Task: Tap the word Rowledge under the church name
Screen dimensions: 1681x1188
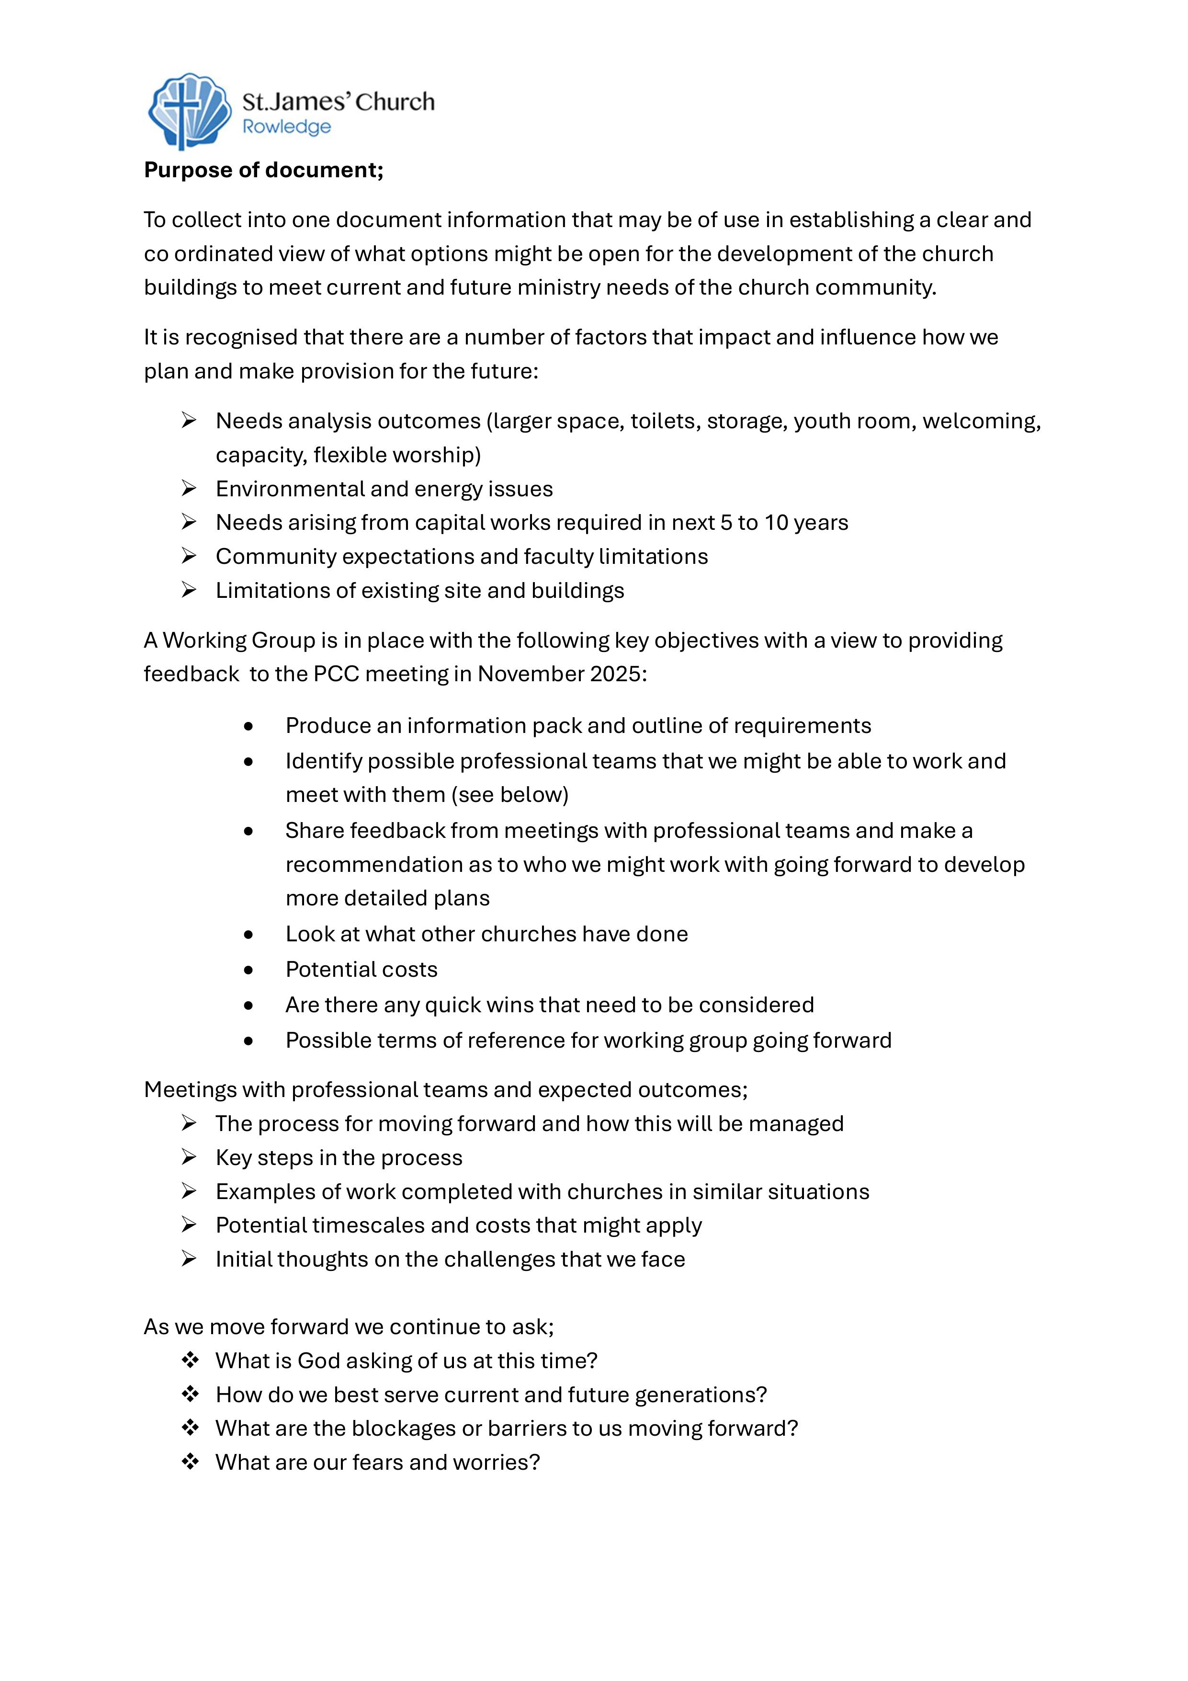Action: [286, 127]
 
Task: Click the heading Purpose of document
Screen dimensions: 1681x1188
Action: [263, 170]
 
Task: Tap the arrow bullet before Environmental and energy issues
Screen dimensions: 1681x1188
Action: [189, 488]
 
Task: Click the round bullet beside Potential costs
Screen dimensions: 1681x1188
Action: [249, 970]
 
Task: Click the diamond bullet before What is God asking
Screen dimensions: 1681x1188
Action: [190, 1361]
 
